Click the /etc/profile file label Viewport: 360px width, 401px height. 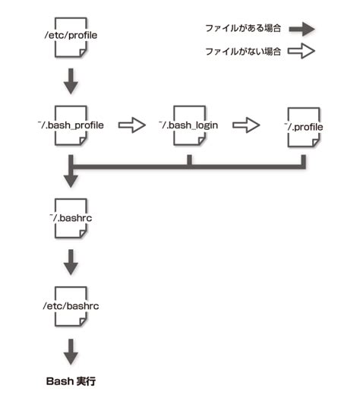pos(71,35)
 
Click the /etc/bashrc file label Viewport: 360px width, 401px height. pos(71,306)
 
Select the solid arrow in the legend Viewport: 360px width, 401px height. pos(302,29)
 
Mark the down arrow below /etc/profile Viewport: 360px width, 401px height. pos(71,81)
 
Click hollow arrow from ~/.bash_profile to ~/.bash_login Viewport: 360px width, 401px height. pos(132,125)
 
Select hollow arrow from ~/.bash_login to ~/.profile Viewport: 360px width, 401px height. pos(246,125)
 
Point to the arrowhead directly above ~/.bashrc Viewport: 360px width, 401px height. pos(71,179)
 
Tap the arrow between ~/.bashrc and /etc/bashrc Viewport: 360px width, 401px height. pos(71,262)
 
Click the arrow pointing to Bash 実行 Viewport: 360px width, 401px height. pos(71,350)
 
